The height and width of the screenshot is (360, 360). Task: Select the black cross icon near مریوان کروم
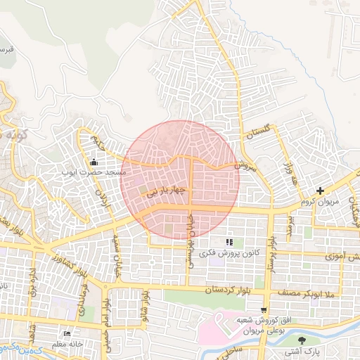click(x=320, y=191)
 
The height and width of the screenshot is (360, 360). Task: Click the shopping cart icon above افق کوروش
click(x=264, y=309)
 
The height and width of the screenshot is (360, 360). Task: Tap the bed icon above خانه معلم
click(x=67, y=333)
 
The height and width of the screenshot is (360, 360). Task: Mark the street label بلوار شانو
click(x=143, y=302)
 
